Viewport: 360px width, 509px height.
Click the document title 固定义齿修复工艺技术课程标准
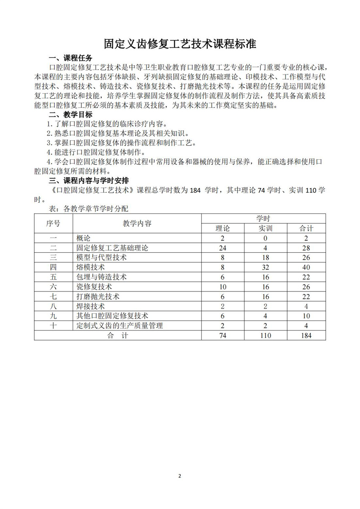point(180,44)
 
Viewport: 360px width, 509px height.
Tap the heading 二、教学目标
point(70,114)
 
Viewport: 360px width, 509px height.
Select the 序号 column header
point(53,224)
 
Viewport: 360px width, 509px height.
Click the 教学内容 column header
point(137,224)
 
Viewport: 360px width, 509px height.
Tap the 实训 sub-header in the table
point(266,229)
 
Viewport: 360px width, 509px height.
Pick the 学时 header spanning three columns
point(263,219)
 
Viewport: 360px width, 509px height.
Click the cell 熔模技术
point(91,267)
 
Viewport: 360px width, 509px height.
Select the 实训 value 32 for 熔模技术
point(266,267)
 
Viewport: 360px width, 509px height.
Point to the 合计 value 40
point(306,267)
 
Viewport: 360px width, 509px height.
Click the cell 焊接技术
point(91,306)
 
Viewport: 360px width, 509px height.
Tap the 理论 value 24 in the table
point(222,248)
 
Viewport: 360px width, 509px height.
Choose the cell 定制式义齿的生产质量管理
point(119,326)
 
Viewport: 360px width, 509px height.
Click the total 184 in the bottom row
point(306,335)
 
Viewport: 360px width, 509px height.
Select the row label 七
point(53,296)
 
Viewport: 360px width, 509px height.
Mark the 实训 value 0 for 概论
point(266,238)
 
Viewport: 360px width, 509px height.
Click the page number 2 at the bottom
point(180,476)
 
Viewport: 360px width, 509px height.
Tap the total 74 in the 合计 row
point(222,335)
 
